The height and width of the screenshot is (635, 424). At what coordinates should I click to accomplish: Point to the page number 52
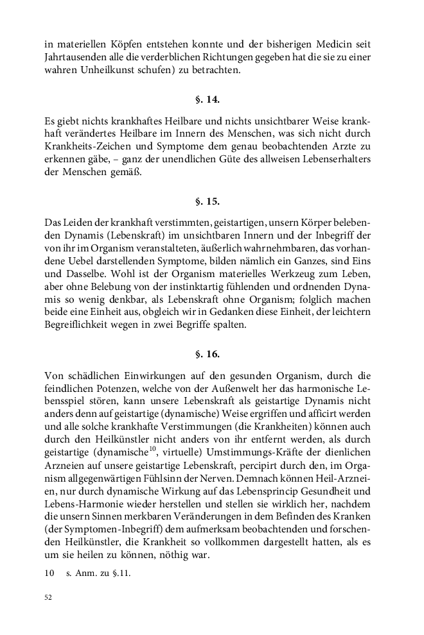[48, 597]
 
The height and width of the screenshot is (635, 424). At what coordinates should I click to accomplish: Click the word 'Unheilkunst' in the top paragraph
[103, 70]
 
